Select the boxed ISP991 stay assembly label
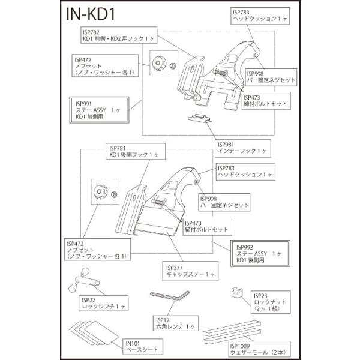100,111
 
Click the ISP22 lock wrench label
103,302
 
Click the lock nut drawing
238,295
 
